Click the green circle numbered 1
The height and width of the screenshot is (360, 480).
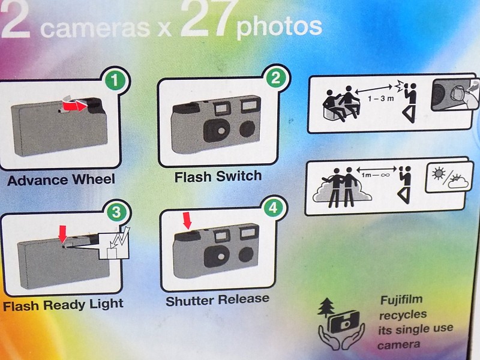(115, 81)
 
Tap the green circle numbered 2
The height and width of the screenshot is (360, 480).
(275, 78)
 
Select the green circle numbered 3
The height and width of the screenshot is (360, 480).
(116, 212)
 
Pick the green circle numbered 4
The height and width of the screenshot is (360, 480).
(274, 208)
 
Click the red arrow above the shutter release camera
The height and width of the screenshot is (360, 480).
(187, 220)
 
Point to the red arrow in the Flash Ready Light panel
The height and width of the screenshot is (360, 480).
(63, 234)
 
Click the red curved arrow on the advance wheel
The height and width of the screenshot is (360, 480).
(76, 106)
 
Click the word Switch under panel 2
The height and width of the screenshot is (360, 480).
(239, 176)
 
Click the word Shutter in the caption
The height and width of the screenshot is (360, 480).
(191, 301)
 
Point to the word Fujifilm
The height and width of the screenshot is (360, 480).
(401, 299)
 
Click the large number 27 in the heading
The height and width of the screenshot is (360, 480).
(209, 19)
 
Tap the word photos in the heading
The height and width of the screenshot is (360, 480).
(279, 27)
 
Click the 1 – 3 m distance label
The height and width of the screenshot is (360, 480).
(381, 98)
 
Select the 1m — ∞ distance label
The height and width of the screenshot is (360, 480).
(376, 175)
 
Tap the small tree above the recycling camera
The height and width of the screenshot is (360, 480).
(325, 308)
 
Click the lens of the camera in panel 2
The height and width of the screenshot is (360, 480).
(220, 131)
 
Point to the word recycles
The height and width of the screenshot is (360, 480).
(403, 314)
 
